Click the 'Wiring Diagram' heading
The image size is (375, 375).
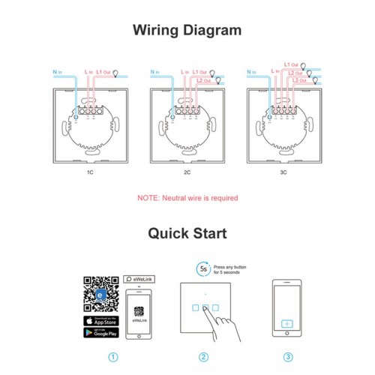(x=187, y=31)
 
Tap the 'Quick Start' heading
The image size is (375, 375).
(x=187, y=232)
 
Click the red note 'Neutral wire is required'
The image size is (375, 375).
(x=187, y=198)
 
